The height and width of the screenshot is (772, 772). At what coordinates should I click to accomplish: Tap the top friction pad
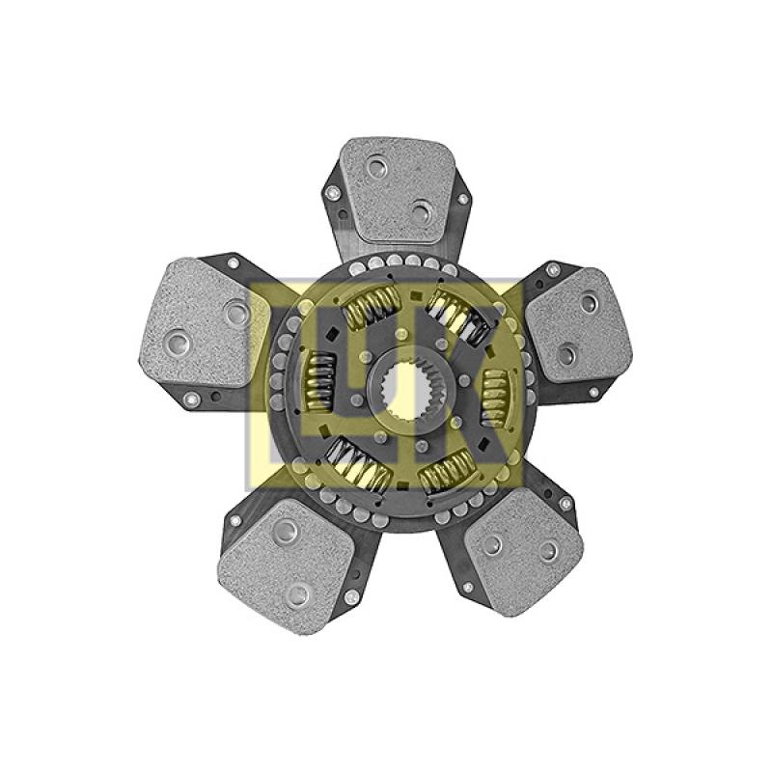click(x=394, y=189)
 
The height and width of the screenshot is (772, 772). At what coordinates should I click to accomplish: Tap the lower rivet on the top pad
click(x=422, y=212)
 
